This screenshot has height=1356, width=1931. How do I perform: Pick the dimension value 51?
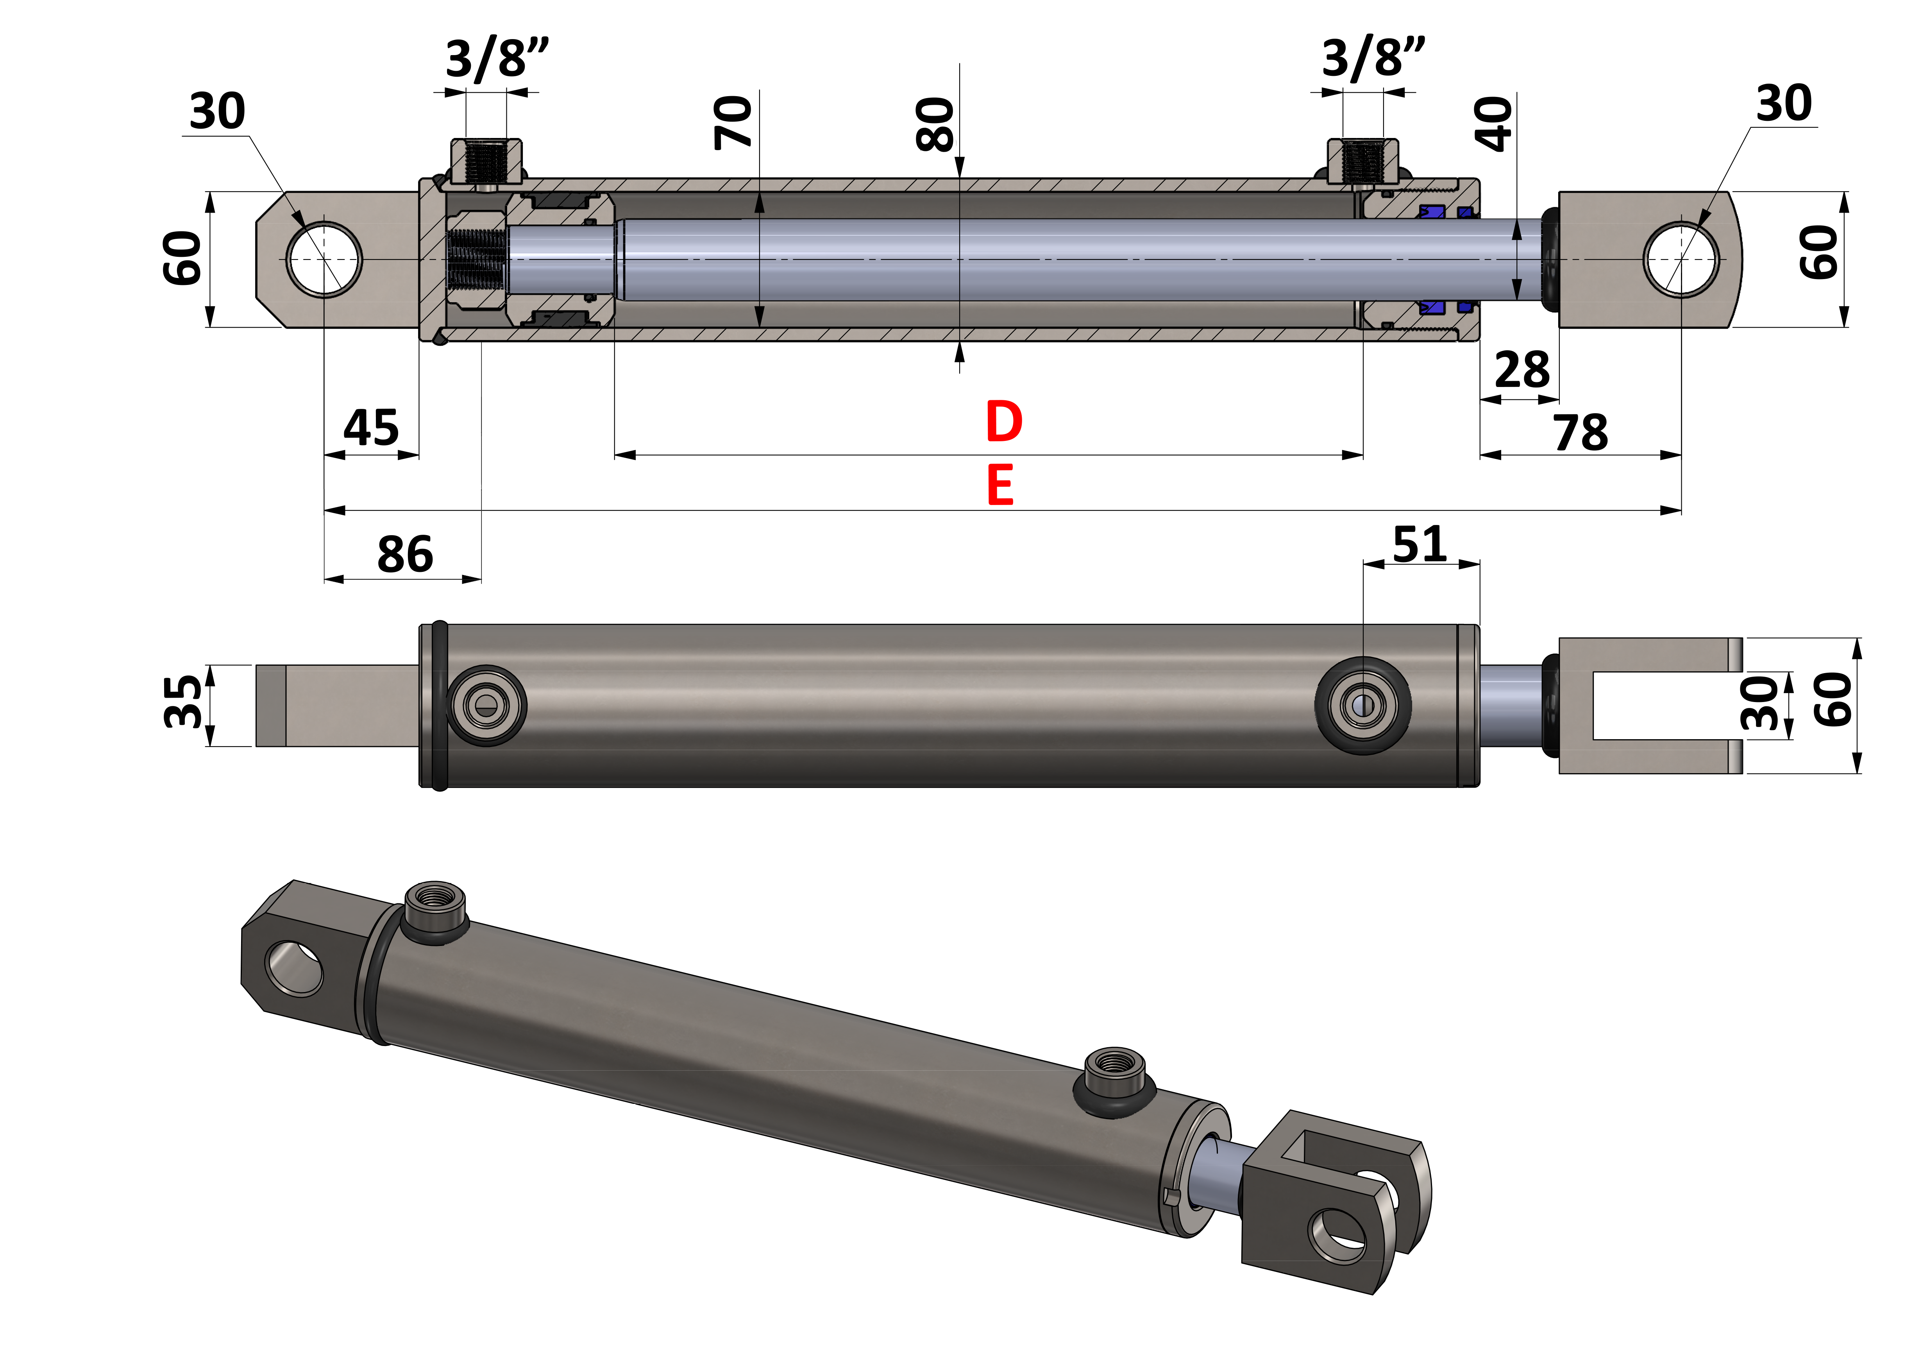click(1420, 544)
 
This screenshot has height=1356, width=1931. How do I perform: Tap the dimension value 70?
click(733, 123)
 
